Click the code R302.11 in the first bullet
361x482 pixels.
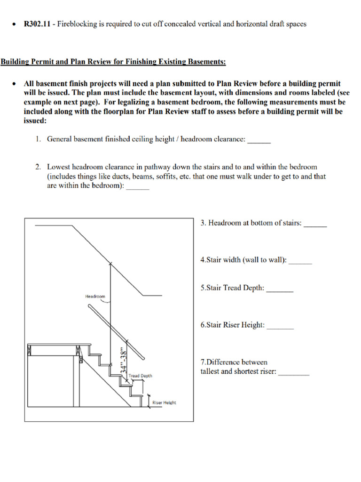[37, 24]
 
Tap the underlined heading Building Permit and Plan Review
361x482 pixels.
[113, 62]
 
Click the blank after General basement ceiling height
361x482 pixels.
[259, 140]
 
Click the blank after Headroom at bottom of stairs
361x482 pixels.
[315, 224]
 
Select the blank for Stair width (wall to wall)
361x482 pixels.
[300, 260]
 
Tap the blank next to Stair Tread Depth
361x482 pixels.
[280, 288]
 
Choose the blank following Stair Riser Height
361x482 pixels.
[280, 325]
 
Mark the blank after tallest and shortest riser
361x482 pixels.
[294, 372]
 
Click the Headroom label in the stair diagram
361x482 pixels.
[95, 297]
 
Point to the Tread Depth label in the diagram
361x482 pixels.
[140, 376]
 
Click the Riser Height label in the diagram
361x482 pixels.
[164, 403]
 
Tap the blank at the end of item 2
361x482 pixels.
[138, 186]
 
